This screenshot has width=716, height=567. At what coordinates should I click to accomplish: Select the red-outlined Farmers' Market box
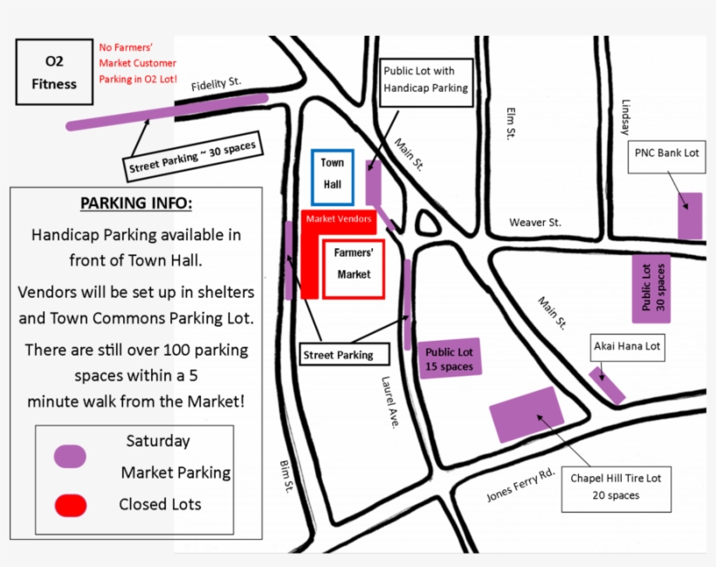click(354, 266)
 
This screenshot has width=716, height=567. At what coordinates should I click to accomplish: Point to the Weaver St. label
click(534, 223)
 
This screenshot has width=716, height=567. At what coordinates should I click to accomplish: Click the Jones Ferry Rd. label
click(520, 486)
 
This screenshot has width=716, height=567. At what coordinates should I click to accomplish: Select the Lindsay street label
click(625, 114)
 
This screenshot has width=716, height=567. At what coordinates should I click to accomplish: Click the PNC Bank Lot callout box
click(667, 153)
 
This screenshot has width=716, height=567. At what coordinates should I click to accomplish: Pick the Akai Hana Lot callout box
click(627, 347)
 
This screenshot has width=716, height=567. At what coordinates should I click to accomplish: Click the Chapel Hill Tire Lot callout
click(616, 487)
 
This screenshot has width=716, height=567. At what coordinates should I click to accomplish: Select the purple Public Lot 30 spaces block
click(651, 288)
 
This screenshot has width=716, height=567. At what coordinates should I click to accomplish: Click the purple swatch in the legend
click(70, 455)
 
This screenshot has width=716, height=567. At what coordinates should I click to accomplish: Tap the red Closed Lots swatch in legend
click(70, 505)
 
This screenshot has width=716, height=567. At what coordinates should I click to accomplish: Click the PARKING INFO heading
click(135, 204)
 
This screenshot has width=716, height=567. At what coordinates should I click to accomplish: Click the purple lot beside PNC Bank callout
click(690, 216)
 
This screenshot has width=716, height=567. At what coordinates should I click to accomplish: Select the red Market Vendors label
click(339, 219)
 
